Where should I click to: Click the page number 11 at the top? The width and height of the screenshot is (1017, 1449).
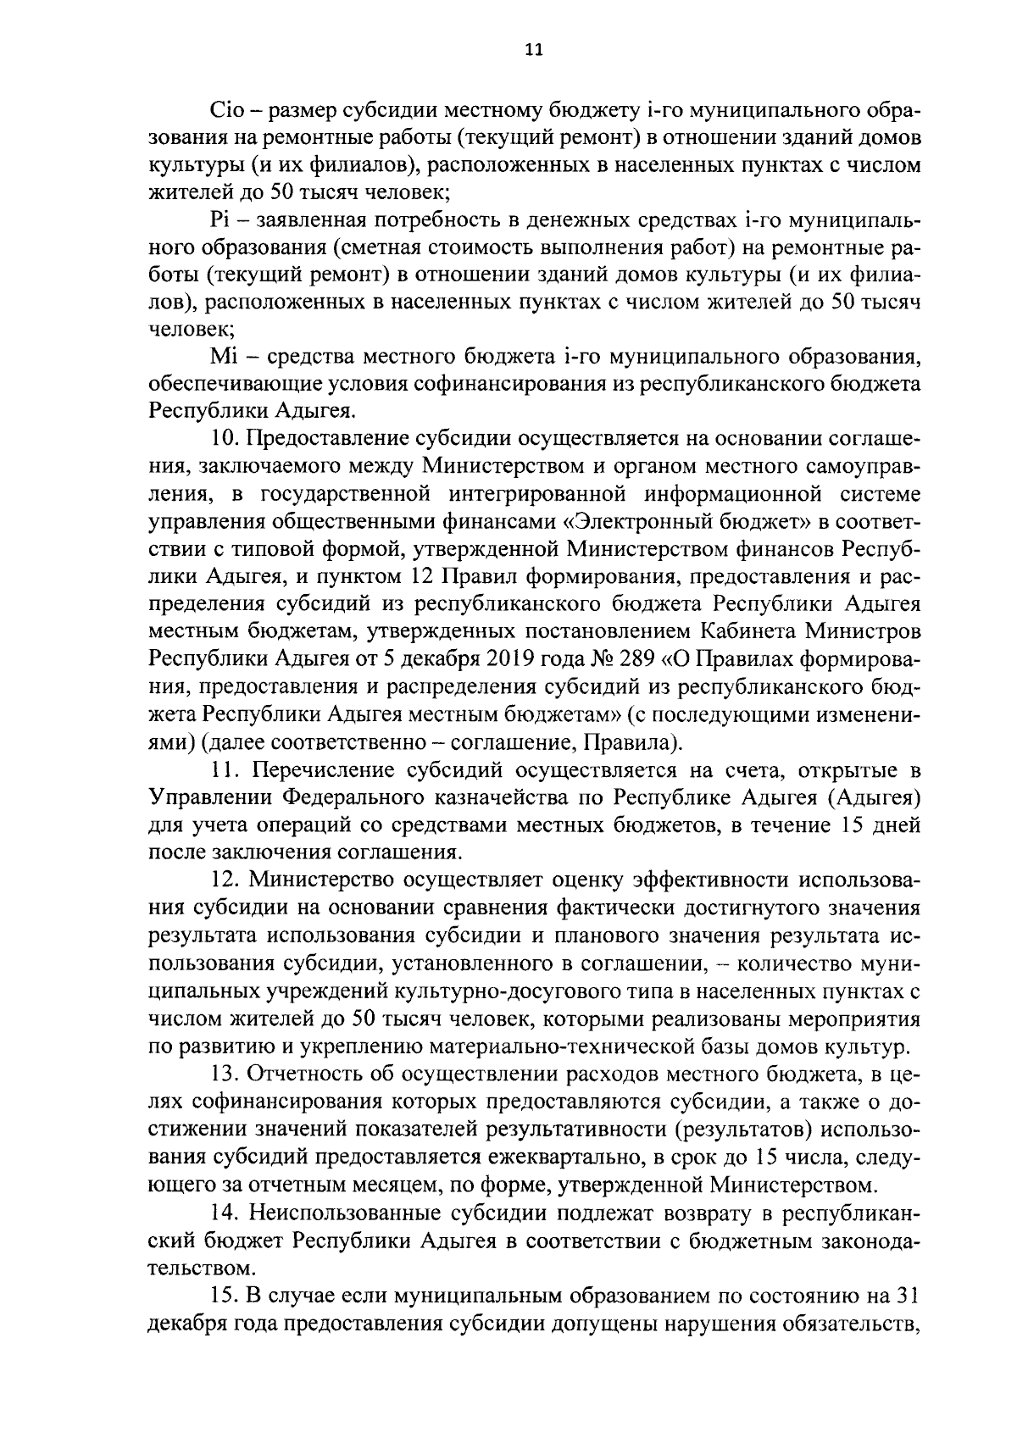click(x=532, y=50)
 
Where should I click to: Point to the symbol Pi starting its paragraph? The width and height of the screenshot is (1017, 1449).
click(x=219, y=221)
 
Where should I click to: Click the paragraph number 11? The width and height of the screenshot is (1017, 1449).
click(x=223, y=770)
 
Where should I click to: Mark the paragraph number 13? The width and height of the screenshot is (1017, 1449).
click(x=224, y=1074)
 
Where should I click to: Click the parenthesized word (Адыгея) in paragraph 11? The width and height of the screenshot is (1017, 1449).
click(x=874, y=798)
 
